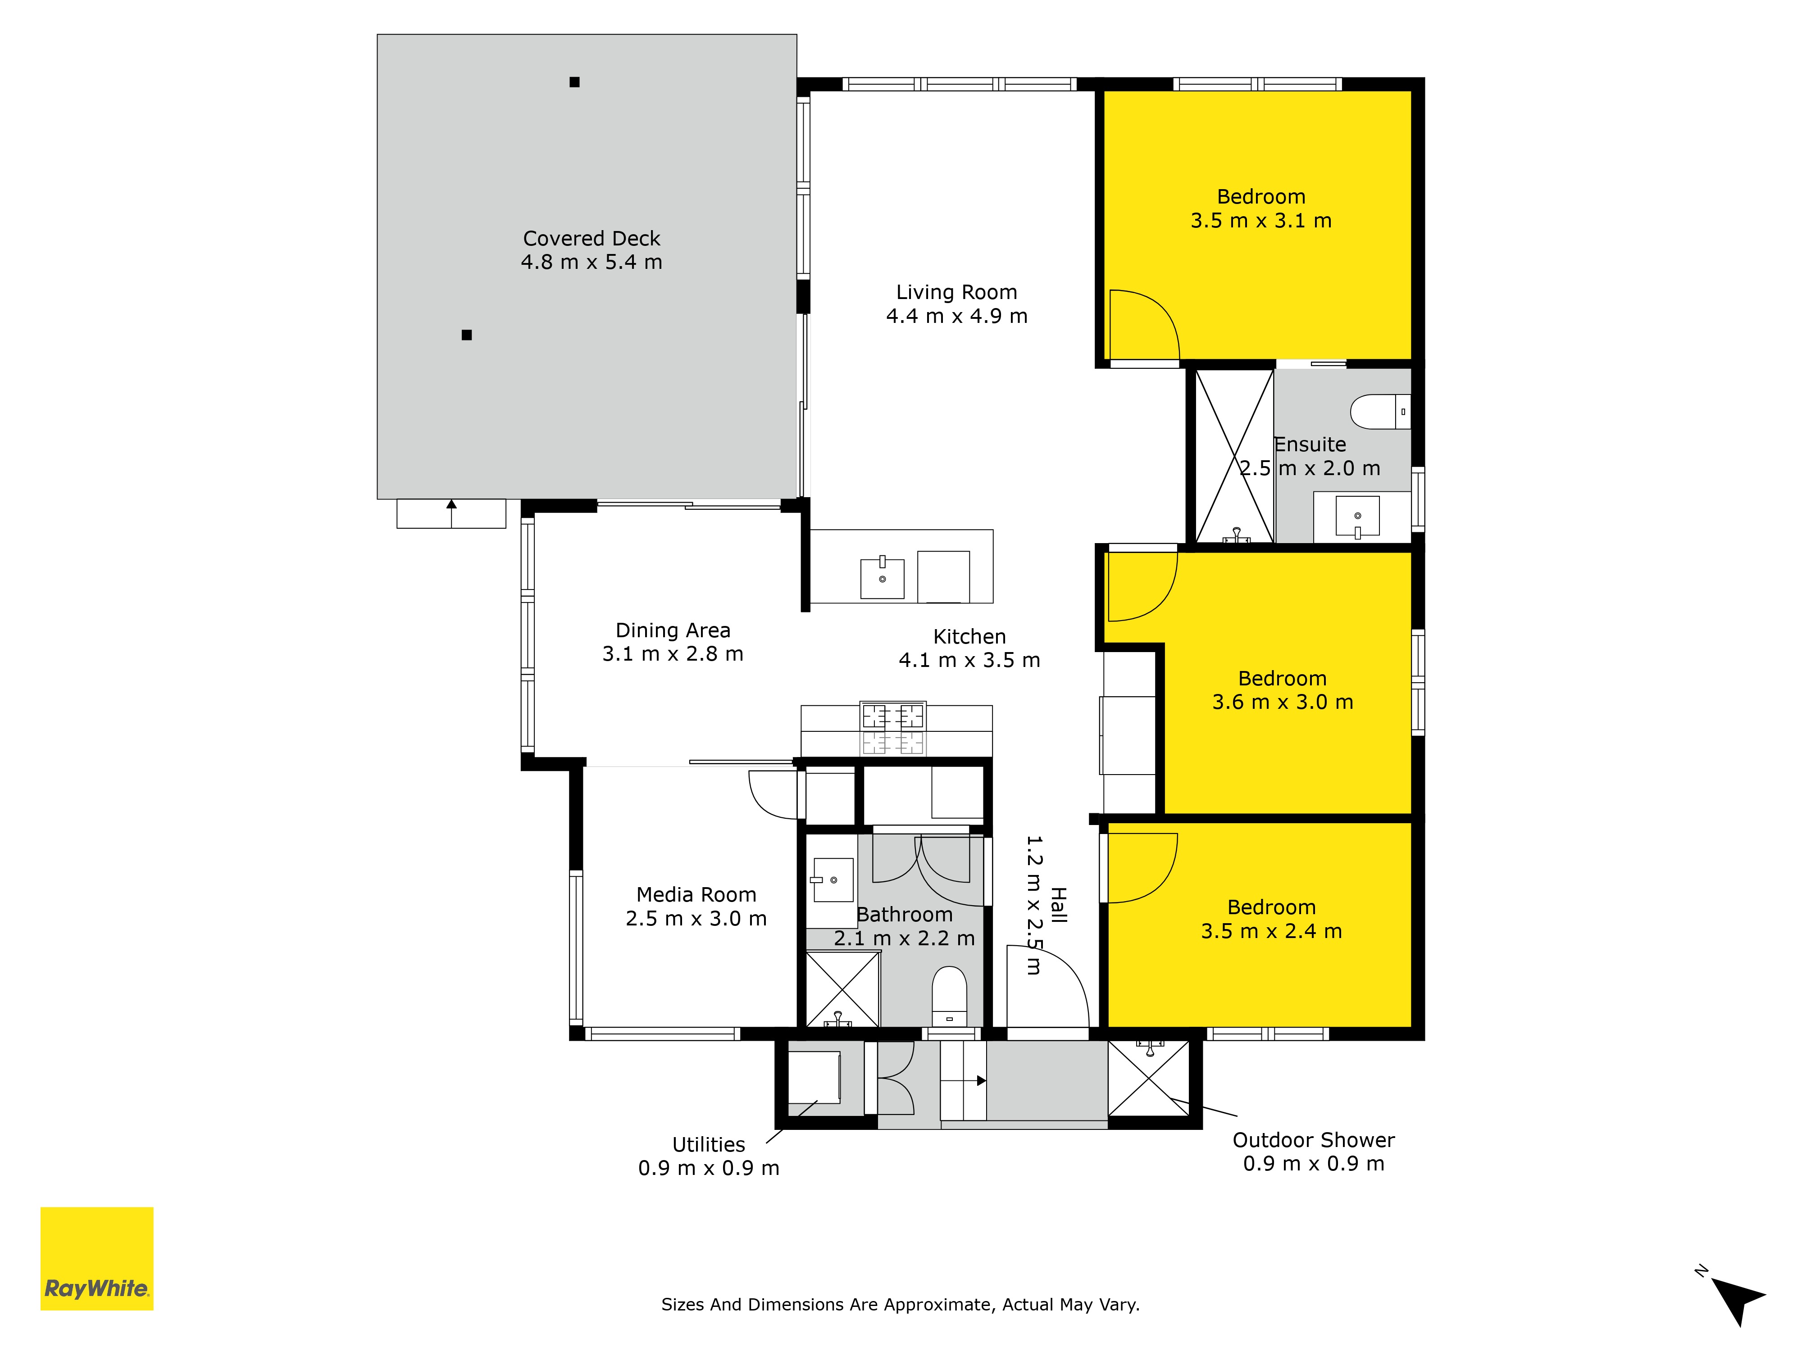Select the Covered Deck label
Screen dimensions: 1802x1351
point(592,239)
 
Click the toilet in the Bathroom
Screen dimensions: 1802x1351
point(949,996)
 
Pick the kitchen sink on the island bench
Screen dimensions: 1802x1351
point(882,577)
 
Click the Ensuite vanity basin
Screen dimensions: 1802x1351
point(1357,516)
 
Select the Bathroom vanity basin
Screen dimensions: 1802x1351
point(831,880)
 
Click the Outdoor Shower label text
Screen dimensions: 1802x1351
point(1313,1140)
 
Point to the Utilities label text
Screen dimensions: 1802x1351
point(709,1144)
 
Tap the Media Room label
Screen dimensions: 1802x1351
point(696,894)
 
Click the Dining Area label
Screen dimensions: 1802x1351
point(673,630)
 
